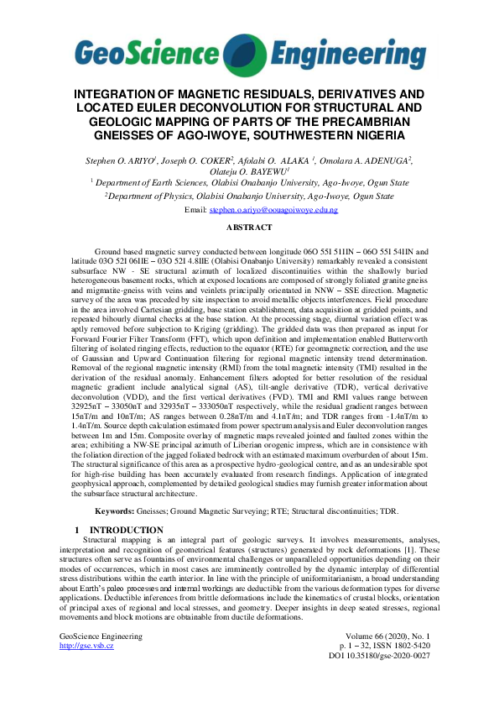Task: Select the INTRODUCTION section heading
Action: click(126, 529)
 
